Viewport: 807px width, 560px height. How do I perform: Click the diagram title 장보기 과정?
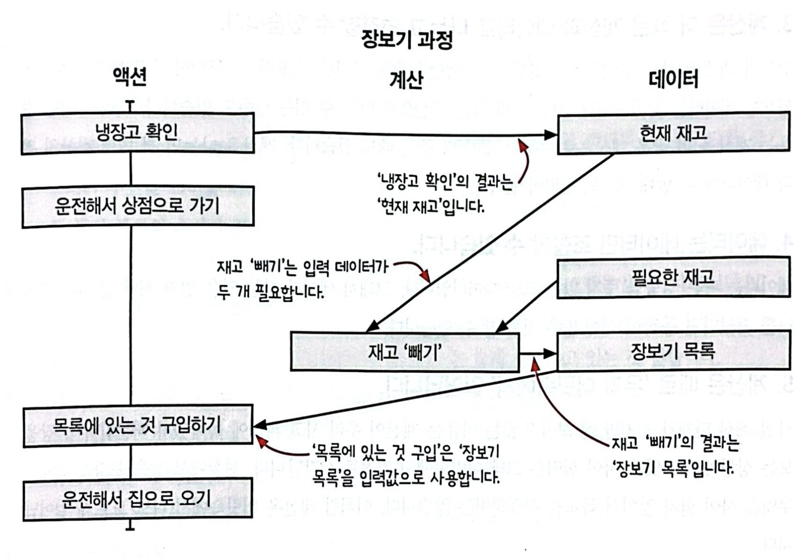[x=407, y=39]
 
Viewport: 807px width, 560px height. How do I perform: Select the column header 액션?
[x=130, y=77]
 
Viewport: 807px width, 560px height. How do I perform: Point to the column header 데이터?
[x=673, y=79]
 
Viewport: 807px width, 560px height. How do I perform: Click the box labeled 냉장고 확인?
[x=137, y=133]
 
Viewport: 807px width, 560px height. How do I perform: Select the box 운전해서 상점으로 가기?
[x=137, y=206]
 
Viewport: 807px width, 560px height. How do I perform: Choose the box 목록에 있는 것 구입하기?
[x=137, y=425]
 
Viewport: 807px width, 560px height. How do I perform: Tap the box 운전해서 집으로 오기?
[x=137, y=499]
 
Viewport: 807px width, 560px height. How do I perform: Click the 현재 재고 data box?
[x=673, y=133]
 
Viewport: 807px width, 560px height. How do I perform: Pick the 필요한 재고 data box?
[x=673, y=277]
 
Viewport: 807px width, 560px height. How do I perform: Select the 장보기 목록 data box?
[x=673, y=351]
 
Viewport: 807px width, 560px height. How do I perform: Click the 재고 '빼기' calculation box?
[x=405, y=352]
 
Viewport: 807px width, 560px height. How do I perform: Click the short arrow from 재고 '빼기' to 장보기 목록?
[x=538, y=353]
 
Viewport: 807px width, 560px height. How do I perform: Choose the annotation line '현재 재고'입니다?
[x=431, y=206]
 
